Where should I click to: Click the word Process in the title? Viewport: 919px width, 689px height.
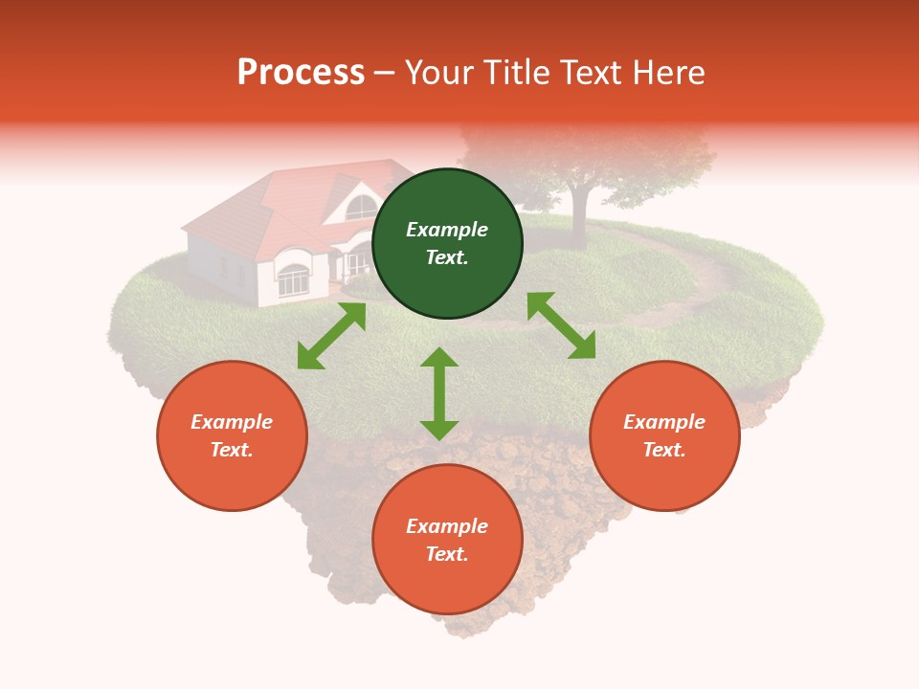(301, 73)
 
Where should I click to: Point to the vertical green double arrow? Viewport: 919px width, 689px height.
(439, 393)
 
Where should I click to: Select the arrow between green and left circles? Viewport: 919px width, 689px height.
(331, 336)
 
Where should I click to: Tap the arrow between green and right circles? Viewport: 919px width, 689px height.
(561, 325)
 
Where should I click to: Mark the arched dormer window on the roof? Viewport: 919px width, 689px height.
(361, 207)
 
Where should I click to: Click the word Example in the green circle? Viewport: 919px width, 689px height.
(447, 230)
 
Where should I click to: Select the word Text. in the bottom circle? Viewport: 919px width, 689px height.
(447, 554)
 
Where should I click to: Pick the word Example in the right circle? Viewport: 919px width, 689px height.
(664, 422)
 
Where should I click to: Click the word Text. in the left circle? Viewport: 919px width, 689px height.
(232, 450)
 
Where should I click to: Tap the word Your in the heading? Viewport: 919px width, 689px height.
(439, 73)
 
